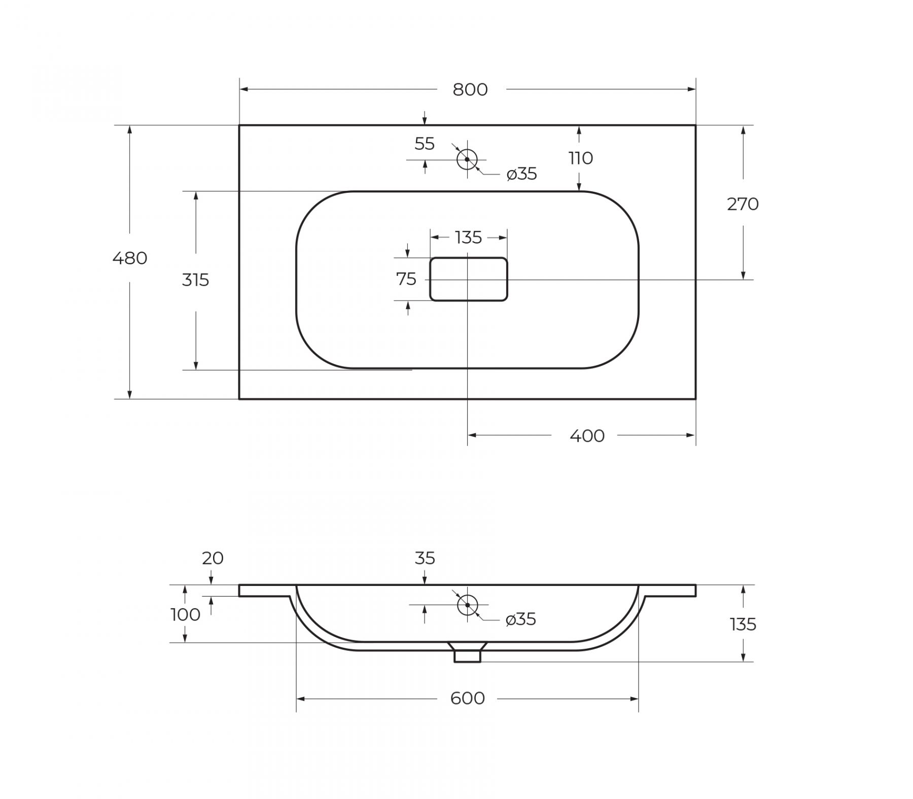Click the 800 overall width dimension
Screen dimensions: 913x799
pyautogui.click(x=470, y=90)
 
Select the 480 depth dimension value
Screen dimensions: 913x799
pyautogui.click(x=130, y=258)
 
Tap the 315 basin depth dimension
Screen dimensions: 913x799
pyautogui.click(x=195, y=280)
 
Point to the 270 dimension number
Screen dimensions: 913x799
pyautogui.click(x=743, y=204)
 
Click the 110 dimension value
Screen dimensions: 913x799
pyautogui.click(x=581, y=158)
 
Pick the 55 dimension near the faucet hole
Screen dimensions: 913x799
pyautogui.click(x=425, y=144)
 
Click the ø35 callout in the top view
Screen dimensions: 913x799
pyautogui.click(x=521, y=174)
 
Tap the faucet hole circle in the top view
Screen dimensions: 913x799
pyautogui.click(x=467, y=159)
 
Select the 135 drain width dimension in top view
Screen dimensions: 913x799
pyautogui.click(x=468, y=237)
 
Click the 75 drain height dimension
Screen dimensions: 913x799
pyautogui.click(x=406, y=279)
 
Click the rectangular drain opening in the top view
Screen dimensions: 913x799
pyautogui.click(x=469, y=279)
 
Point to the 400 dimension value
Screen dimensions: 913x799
pyautogui.click(x=587, y=436)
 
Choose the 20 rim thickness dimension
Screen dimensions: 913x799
pyautogui.click(x=213, y=558)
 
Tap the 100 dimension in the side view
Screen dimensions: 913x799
pyautogui.click(x=185, y=615)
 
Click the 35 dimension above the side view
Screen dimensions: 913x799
pyautogui.click(x=425, y=558)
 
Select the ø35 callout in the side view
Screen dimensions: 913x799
pyautogui.click(x=521, y=619)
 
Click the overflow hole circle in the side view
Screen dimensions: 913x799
pyautogui.click(x=467, y=605)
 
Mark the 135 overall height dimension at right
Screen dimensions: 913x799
pyautogui.click(x=743, y=624)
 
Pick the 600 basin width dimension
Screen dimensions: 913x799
pyautogui.click(x=467, y=699)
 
